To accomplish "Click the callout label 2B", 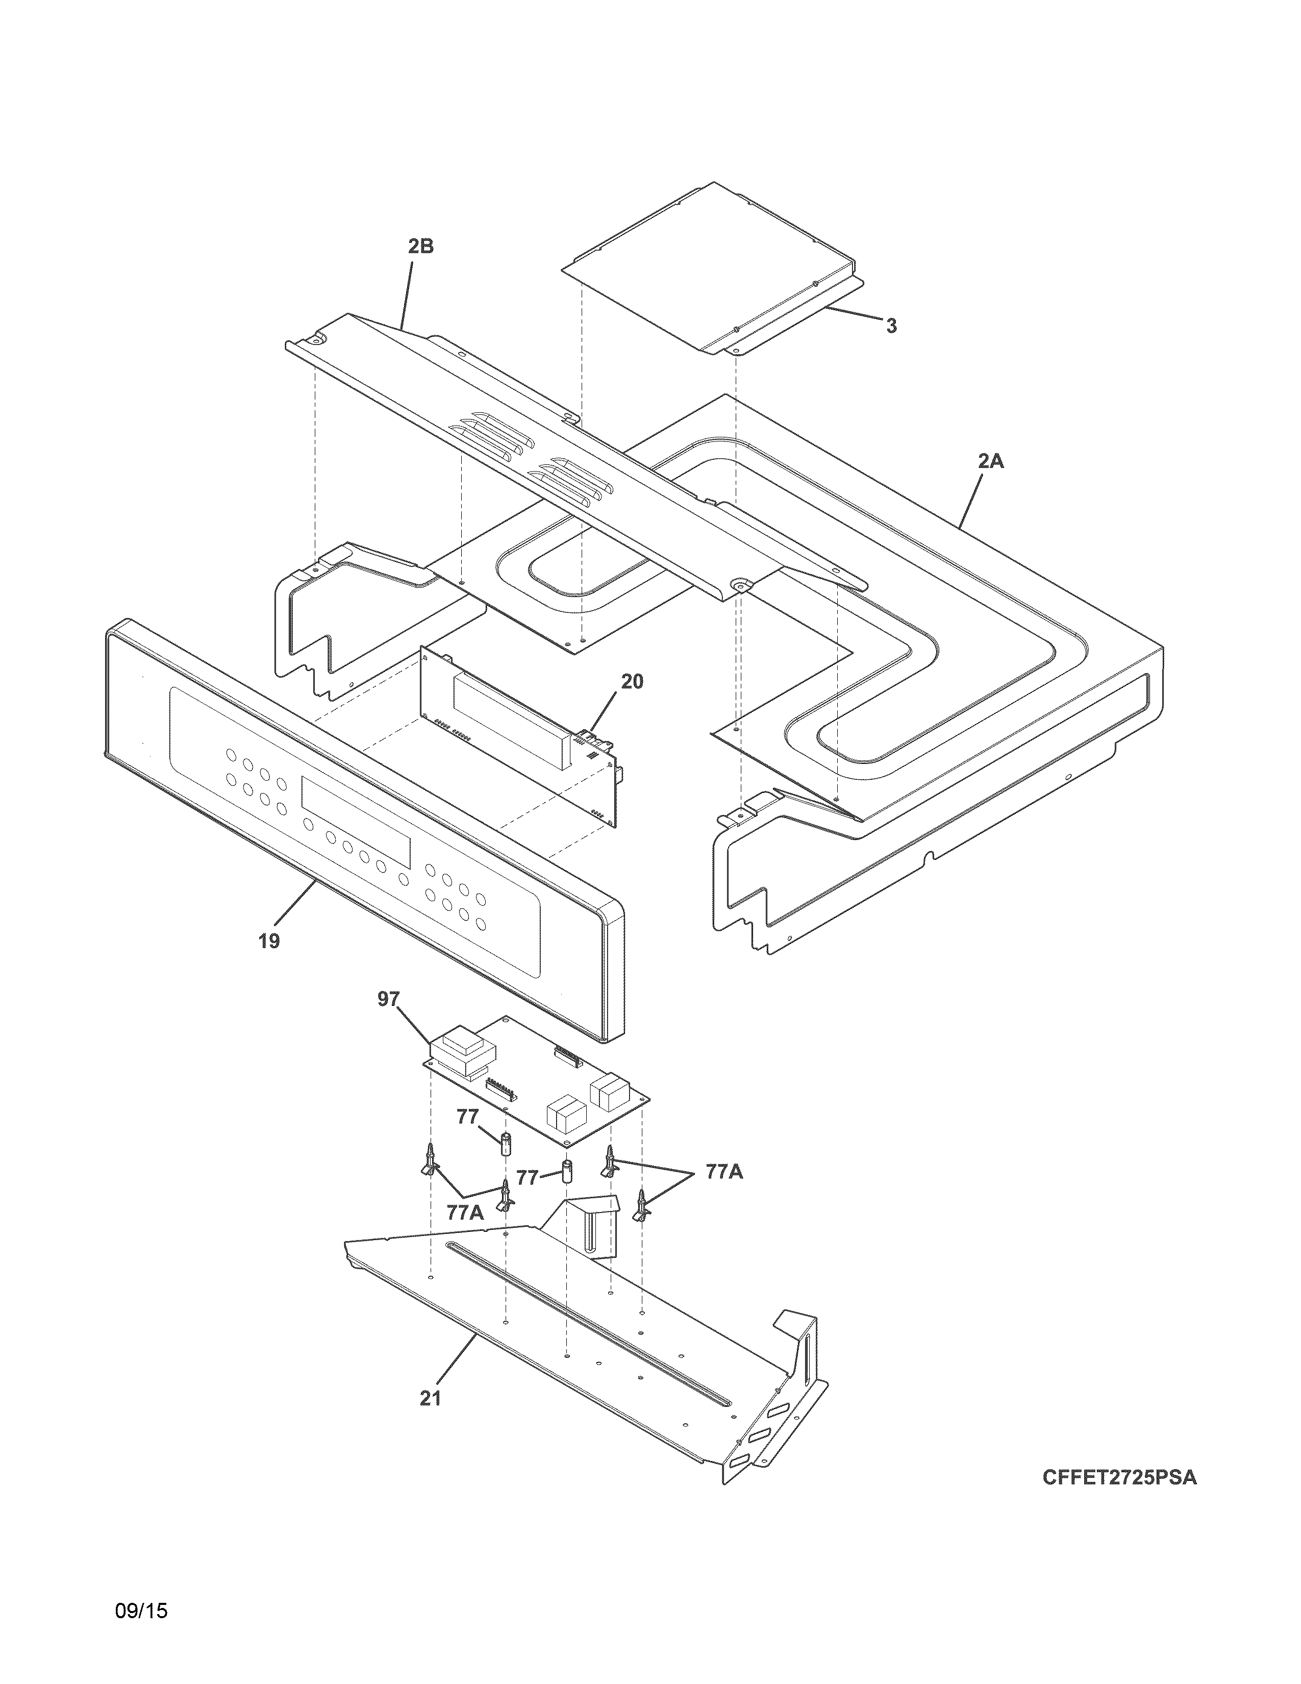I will pyautogui.click(x=421, y=247).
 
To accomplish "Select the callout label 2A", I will pyautogui.click(x=991, y=462).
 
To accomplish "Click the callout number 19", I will pyautogui.click(x=269, y=942).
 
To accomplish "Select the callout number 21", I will pyautogui.click(x=430, y=1398).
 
